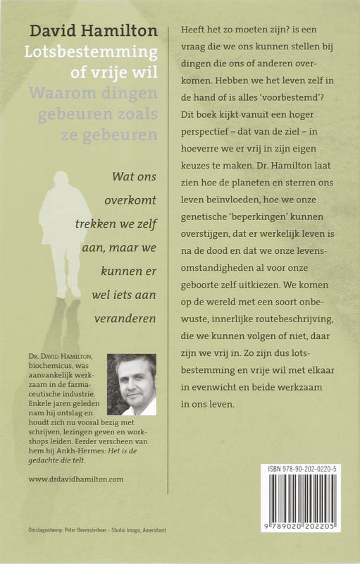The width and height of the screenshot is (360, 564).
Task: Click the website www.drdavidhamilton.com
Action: click(x=76, y=479)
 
